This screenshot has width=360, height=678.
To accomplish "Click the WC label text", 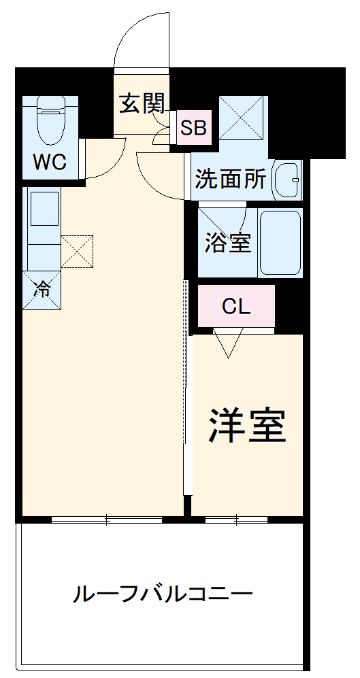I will coord(49,163).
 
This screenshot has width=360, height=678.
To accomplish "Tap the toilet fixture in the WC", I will coord(50,120).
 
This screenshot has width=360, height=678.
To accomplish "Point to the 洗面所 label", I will coord(230,179).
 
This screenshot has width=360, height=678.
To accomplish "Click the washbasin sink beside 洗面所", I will coord(287,180).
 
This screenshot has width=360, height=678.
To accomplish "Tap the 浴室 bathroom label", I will coord(228,243).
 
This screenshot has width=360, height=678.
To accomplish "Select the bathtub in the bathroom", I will coord(280,243).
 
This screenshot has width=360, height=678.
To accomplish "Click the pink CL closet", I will coord(236,307).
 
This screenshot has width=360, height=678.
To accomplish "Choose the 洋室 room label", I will coord(246,425).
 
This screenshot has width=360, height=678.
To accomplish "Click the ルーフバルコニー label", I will coord(163,595).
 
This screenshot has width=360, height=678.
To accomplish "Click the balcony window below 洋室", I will coord(236,520).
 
